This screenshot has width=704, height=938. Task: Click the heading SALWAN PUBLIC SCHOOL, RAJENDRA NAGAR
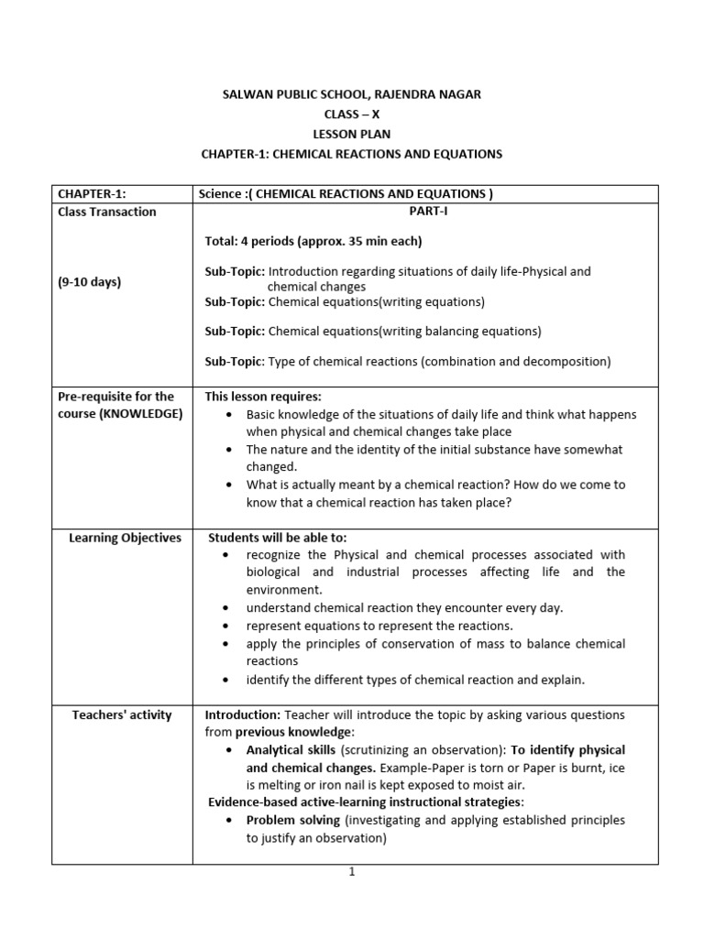[x=351, y=93]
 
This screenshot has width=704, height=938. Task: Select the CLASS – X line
[x=351, y=114]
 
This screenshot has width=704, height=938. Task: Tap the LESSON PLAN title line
[x=351, y=134]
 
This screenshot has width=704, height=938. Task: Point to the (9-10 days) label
[x=90, y=282]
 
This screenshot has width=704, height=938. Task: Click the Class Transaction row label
[x=107, y=212]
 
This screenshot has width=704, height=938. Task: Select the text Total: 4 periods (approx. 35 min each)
[x=313, y=241]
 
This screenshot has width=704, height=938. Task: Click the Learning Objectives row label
[x=125, y=538]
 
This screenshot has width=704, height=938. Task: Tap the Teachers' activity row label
[x=122, y=714]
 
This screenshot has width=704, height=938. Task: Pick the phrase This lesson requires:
[x=263, y=397]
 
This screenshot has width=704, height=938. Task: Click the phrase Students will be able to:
[x=278, y=538]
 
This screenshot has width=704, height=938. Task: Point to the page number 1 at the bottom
[x=351, y=872]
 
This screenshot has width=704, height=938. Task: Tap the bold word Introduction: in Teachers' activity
[x=243, y=714]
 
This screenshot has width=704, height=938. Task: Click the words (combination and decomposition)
[x=515, y=361]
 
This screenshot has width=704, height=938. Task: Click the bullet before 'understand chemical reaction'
[x=225, y=608]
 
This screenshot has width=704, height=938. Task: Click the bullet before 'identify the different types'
[x=225, y=680]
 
